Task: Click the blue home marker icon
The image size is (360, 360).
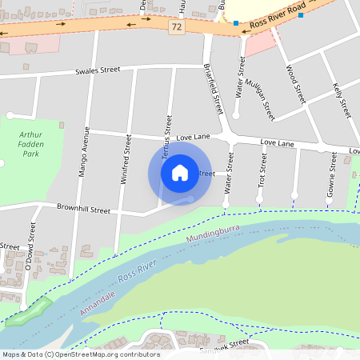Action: click(180, 173)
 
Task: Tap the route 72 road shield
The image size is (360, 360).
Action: click(175, 27)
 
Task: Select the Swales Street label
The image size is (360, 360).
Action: click(98, 70)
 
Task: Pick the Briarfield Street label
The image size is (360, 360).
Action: click(212, 88)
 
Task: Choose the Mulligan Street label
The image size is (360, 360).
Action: click(260, 100)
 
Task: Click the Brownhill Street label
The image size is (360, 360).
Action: click(83, 210)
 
